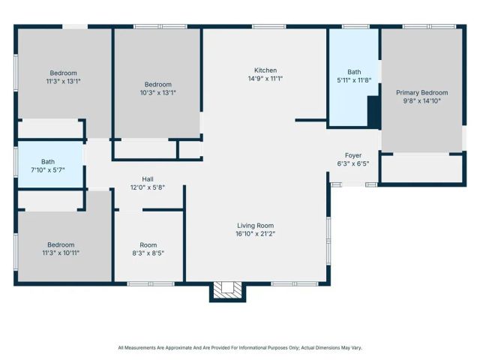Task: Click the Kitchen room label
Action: [x=265, y=70]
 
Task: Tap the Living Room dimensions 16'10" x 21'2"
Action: [x=255, y=234]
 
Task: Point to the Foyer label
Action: [x=353, y=155]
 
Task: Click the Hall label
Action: [x=148, y=179]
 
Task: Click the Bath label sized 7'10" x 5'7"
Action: [x=48, y=161]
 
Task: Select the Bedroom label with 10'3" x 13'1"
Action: [x=157, y=84]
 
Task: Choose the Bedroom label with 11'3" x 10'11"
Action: [x=61, y=244]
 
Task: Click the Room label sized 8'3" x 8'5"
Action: [x=148, y=245]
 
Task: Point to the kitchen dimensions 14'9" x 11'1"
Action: [x=265, y=79]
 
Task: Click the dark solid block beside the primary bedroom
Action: [x=373, y=112]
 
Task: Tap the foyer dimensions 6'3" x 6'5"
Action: [x=353, y=164]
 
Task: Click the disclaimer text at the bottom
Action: [x=240, y=347]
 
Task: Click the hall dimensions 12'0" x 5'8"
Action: [x=148, y=188]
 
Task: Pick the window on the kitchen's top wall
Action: [x=268, y=27]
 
